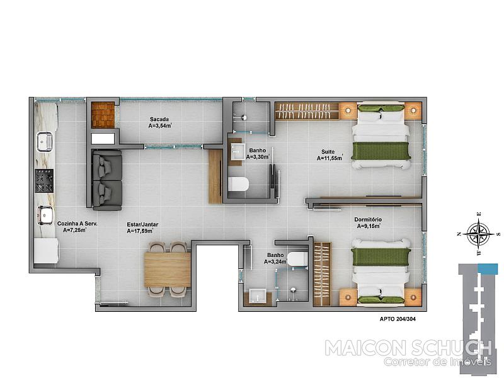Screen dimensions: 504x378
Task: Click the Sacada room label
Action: pos(159,119)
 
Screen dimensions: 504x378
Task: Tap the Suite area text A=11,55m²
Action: pos(330,158)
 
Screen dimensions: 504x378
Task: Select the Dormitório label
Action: pos(368,219)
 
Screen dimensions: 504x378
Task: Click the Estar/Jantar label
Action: pos(142,225)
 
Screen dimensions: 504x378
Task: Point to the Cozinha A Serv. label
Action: pos(77,224)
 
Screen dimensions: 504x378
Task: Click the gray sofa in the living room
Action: pos(107,180)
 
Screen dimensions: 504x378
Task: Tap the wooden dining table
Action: pos(168,270)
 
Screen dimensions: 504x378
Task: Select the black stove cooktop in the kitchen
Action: pos(44,181)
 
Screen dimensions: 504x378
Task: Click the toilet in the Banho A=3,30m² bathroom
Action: pos(238,184)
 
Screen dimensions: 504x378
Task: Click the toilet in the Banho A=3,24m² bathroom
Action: pos(297,259)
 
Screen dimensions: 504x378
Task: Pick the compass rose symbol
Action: pos(479,234)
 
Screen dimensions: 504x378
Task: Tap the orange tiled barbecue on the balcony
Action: pos(103,115)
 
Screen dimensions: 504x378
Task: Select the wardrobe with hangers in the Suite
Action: pos(307,112)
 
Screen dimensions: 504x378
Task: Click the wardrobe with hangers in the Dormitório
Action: pos(322,274)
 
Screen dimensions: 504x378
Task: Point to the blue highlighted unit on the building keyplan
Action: pos(488,269)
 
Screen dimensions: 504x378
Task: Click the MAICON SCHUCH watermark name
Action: pos(408,348)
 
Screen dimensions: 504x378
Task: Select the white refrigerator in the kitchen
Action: pos(46,251)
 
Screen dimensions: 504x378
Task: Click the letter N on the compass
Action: pos(459,234)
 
